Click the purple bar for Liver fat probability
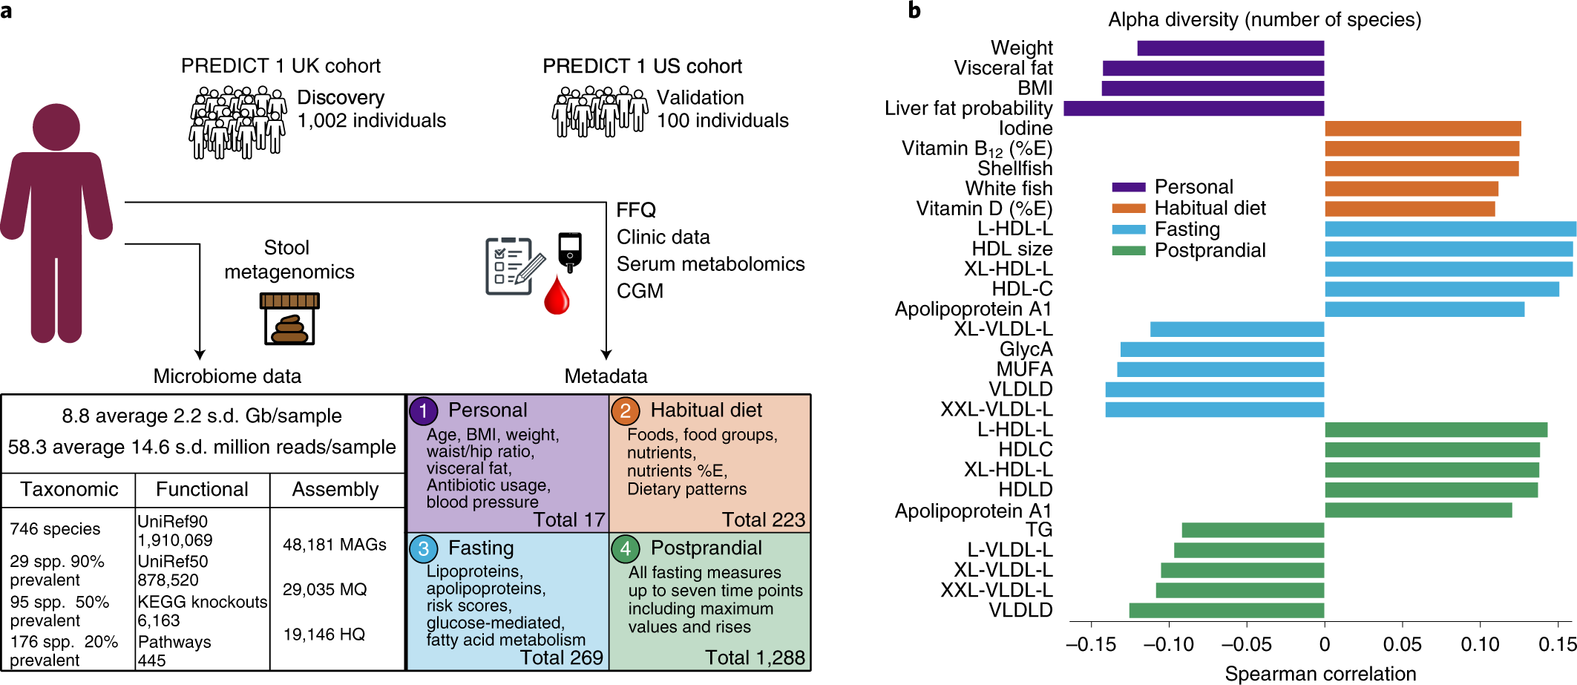tap(1193, 108)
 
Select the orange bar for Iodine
tap(1423, 128)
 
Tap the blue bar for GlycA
tap(1222, 349)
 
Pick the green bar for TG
tap(1253, 530)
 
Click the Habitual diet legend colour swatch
tap(1128, 209)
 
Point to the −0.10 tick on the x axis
tap(1169, 644)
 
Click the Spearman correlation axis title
tap(1320, 674)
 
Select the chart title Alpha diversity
tap(1264, 19)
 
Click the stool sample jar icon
tap(289, 319)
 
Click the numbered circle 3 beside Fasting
tap(423, 548)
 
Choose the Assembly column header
tap(335, 489)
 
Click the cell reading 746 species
tap(55, 528)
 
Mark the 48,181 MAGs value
tap(334, 545)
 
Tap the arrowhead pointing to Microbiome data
tap(200, 355)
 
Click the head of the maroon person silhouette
tap(56, 128)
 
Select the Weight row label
tap(1021, 48)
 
